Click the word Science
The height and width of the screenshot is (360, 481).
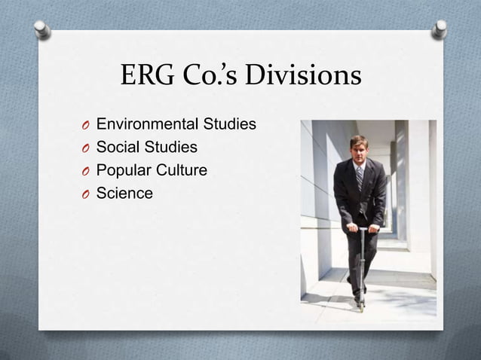[x=124, y=194]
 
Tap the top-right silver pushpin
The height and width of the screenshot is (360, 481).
[x=440, y=29]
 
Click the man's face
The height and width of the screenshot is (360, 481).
[x=359, y=149]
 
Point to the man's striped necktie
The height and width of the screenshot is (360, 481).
[x=360, y=178]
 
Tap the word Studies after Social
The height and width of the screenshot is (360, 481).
[x=172, y=147]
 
